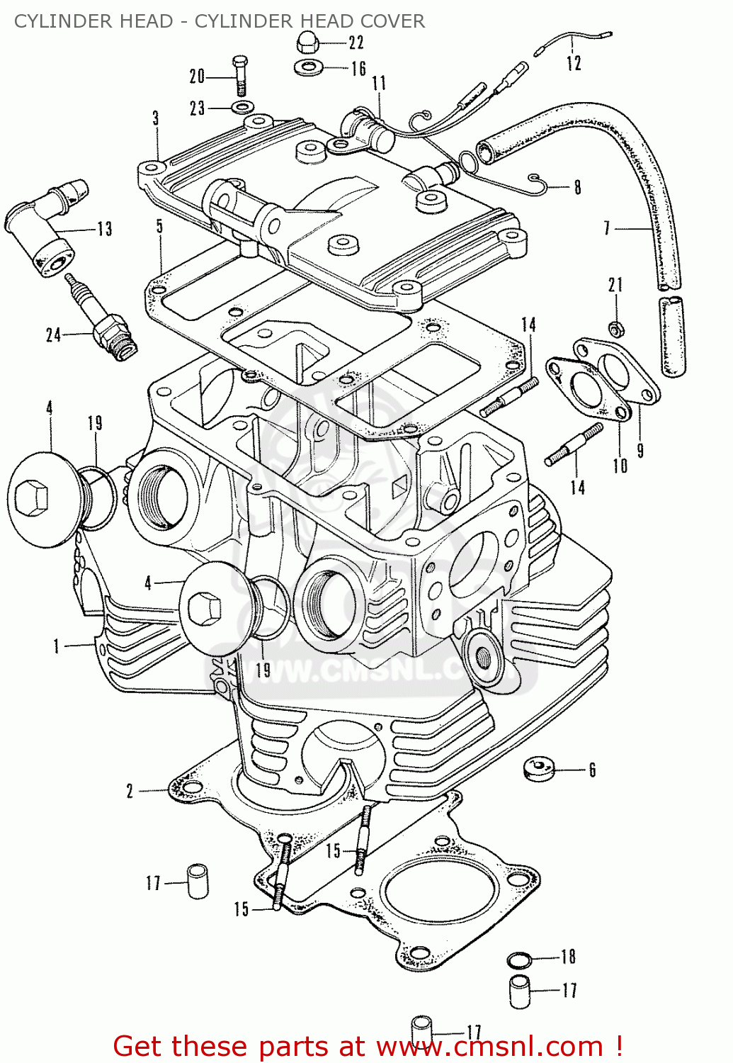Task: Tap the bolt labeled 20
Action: click(239, 75)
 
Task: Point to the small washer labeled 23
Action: click(241, 108)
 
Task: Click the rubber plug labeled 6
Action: click(538, 768)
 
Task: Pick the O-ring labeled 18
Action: click(519, 960)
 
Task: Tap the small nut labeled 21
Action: click(616, 329)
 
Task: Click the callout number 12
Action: click(574, 63)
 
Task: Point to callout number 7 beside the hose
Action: click(607, 228)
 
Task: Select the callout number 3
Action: click(156, 118)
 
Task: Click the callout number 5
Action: click(160, 226)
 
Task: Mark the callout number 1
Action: click(57, 646)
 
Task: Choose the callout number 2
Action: click(130, 791)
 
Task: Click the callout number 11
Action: click(379, 84)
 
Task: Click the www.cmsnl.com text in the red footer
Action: click(489, 1046)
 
